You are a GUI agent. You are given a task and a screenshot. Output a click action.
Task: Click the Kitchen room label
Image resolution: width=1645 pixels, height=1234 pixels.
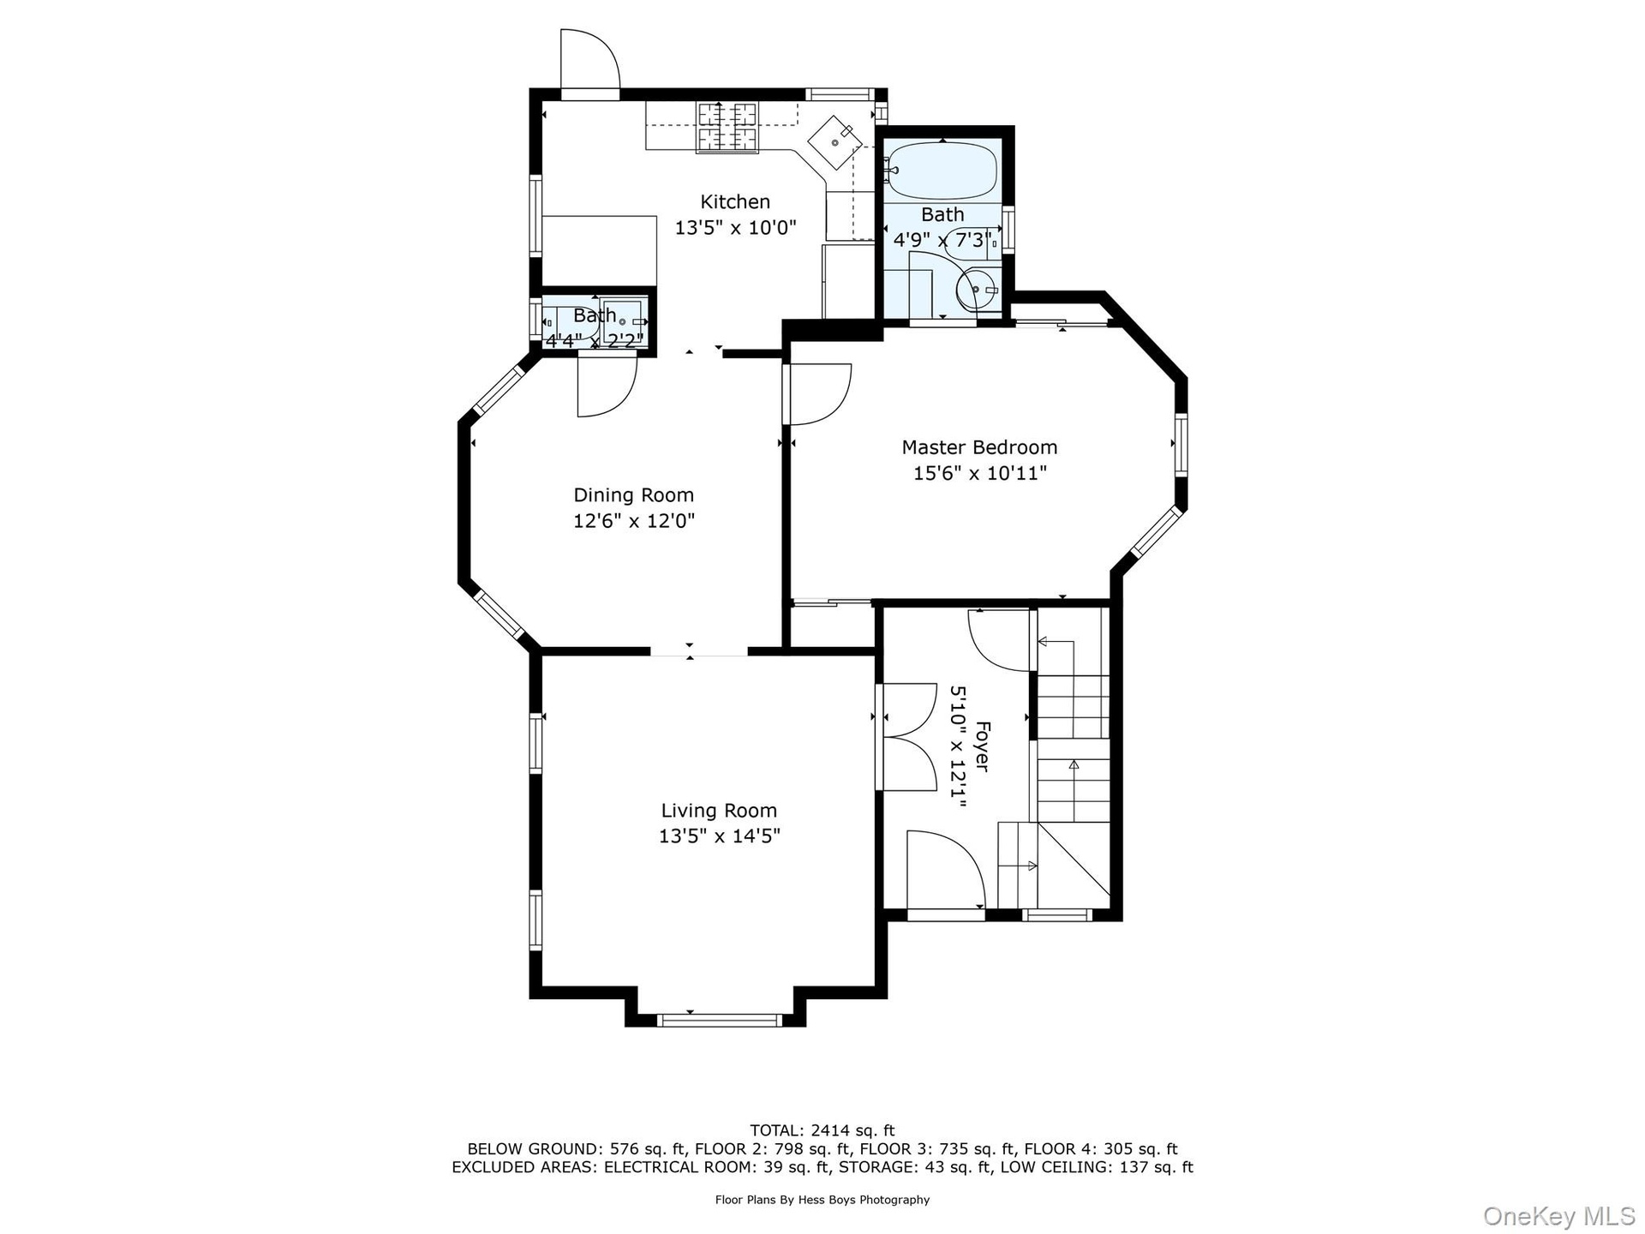pos(735,202)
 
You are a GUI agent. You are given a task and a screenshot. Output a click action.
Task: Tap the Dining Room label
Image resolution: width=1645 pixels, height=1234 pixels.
pos(633,495)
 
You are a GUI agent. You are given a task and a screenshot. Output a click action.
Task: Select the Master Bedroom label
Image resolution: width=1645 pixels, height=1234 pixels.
pos(979,447)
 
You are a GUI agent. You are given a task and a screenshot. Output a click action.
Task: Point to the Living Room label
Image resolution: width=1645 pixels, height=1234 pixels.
pos(719,811)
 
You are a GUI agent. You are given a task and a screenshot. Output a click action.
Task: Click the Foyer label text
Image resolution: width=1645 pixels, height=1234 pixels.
pos(983,746)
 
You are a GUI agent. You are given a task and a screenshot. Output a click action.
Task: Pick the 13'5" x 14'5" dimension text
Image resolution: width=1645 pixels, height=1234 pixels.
pos(719,836)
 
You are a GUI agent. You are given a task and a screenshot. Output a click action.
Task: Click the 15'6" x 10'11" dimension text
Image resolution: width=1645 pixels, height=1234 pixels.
pos(980,473)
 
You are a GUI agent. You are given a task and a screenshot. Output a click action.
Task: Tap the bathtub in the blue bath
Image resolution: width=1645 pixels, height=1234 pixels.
pos(942,171)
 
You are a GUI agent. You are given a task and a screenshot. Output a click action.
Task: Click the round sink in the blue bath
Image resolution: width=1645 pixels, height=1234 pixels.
pos(978,290)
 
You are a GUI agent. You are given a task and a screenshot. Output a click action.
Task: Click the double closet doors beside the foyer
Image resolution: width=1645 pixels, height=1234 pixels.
pos(906,737)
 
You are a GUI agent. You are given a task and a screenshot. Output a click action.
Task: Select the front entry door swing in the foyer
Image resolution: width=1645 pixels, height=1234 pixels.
pos(947,871)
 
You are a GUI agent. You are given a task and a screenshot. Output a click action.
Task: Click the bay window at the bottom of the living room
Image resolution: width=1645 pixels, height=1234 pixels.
pos(719,1020)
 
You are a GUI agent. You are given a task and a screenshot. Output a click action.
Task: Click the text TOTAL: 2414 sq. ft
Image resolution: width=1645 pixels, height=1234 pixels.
pos(822,1130)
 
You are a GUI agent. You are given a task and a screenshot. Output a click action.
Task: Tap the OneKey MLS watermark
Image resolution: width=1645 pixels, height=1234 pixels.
pos(1559,1214)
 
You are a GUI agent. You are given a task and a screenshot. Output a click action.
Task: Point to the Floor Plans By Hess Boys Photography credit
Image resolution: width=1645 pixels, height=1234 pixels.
pos(822,1200)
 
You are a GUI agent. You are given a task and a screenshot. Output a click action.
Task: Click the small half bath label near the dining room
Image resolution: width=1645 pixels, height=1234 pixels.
pos(595,315)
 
